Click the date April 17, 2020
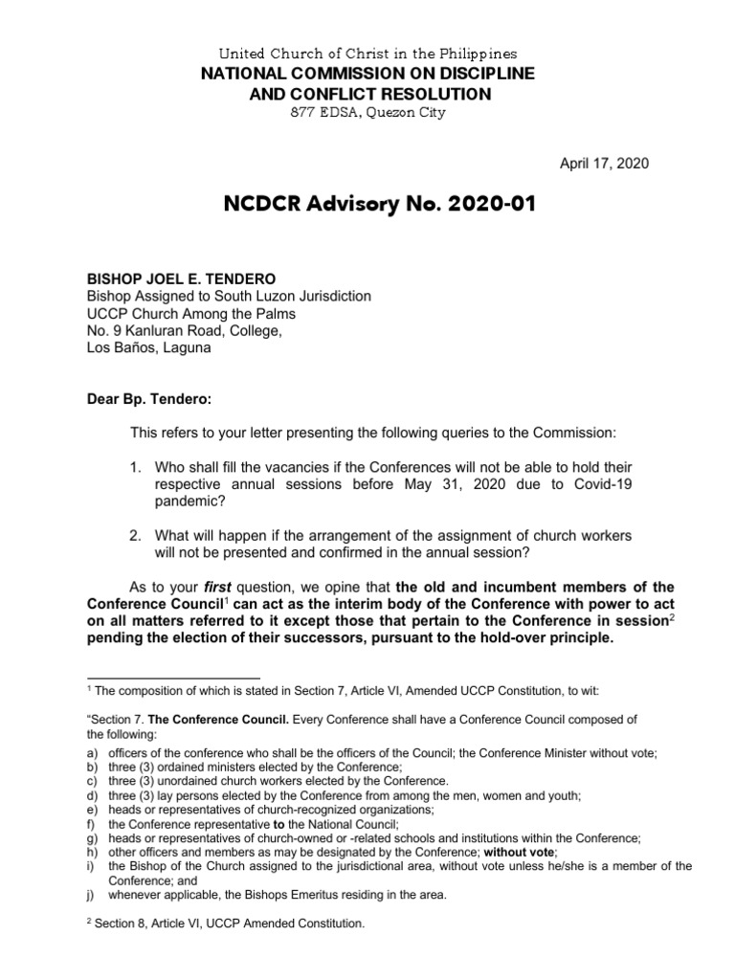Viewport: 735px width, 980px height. (x=604, y=164)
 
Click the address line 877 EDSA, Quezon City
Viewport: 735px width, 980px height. (x=367, y=113)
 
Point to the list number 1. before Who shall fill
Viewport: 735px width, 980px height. (x=137, y=466)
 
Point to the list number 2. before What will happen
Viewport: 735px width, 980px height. (x=137, y=533)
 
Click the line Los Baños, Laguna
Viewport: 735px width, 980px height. (x=149, y=348)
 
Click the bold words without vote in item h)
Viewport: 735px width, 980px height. (x=518, y=852)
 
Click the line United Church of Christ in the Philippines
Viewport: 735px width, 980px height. (x=367, y=54)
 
